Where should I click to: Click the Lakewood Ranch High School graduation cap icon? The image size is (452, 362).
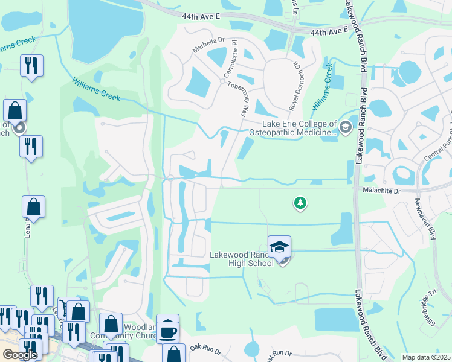pos(279,246)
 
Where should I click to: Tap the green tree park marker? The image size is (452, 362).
pos(299,203)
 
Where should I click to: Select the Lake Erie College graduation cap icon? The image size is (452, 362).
pos(345,127)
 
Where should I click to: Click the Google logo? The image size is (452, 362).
pos(20,354)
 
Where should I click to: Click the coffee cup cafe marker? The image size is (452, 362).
pos(167,330)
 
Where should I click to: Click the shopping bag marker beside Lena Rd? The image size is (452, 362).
pos(34,207)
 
